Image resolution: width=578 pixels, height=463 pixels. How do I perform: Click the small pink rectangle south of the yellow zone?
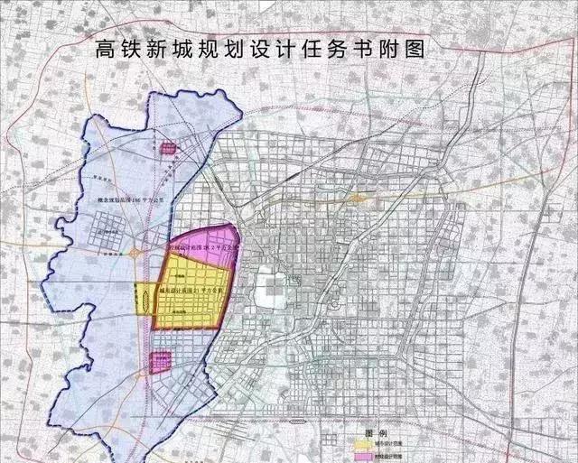[x=160, y=361]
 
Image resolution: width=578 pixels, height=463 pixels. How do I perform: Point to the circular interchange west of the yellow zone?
[x=136, y=255]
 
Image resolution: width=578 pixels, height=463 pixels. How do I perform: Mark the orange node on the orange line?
[x=359, y=196]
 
